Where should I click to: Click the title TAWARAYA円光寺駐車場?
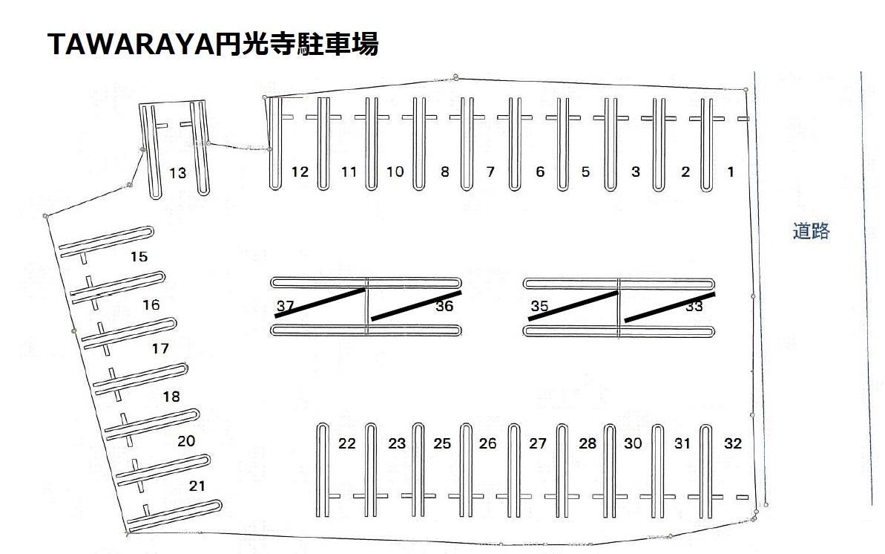point(214,45)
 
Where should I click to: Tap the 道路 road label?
point(811,232)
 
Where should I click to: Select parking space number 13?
point(177,174)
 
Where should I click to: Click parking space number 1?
point(731,172)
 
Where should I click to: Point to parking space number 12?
point(300,172)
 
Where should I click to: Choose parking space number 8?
point(444,172)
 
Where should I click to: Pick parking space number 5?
point(585,172)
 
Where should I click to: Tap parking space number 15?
point(139,257)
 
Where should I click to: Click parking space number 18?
point(171,397)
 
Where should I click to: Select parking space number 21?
point(197,486)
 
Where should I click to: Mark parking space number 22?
point(347,444)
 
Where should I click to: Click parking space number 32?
point(732,444)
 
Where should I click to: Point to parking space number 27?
point(538,444)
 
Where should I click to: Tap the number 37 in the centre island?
point(285,305)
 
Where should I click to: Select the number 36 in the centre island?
point(444,306)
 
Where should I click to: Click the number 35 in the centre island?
point(539,305)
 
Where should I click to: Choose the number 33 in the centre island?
point(694,306)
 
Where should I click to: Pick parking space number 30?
point(633,444)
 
